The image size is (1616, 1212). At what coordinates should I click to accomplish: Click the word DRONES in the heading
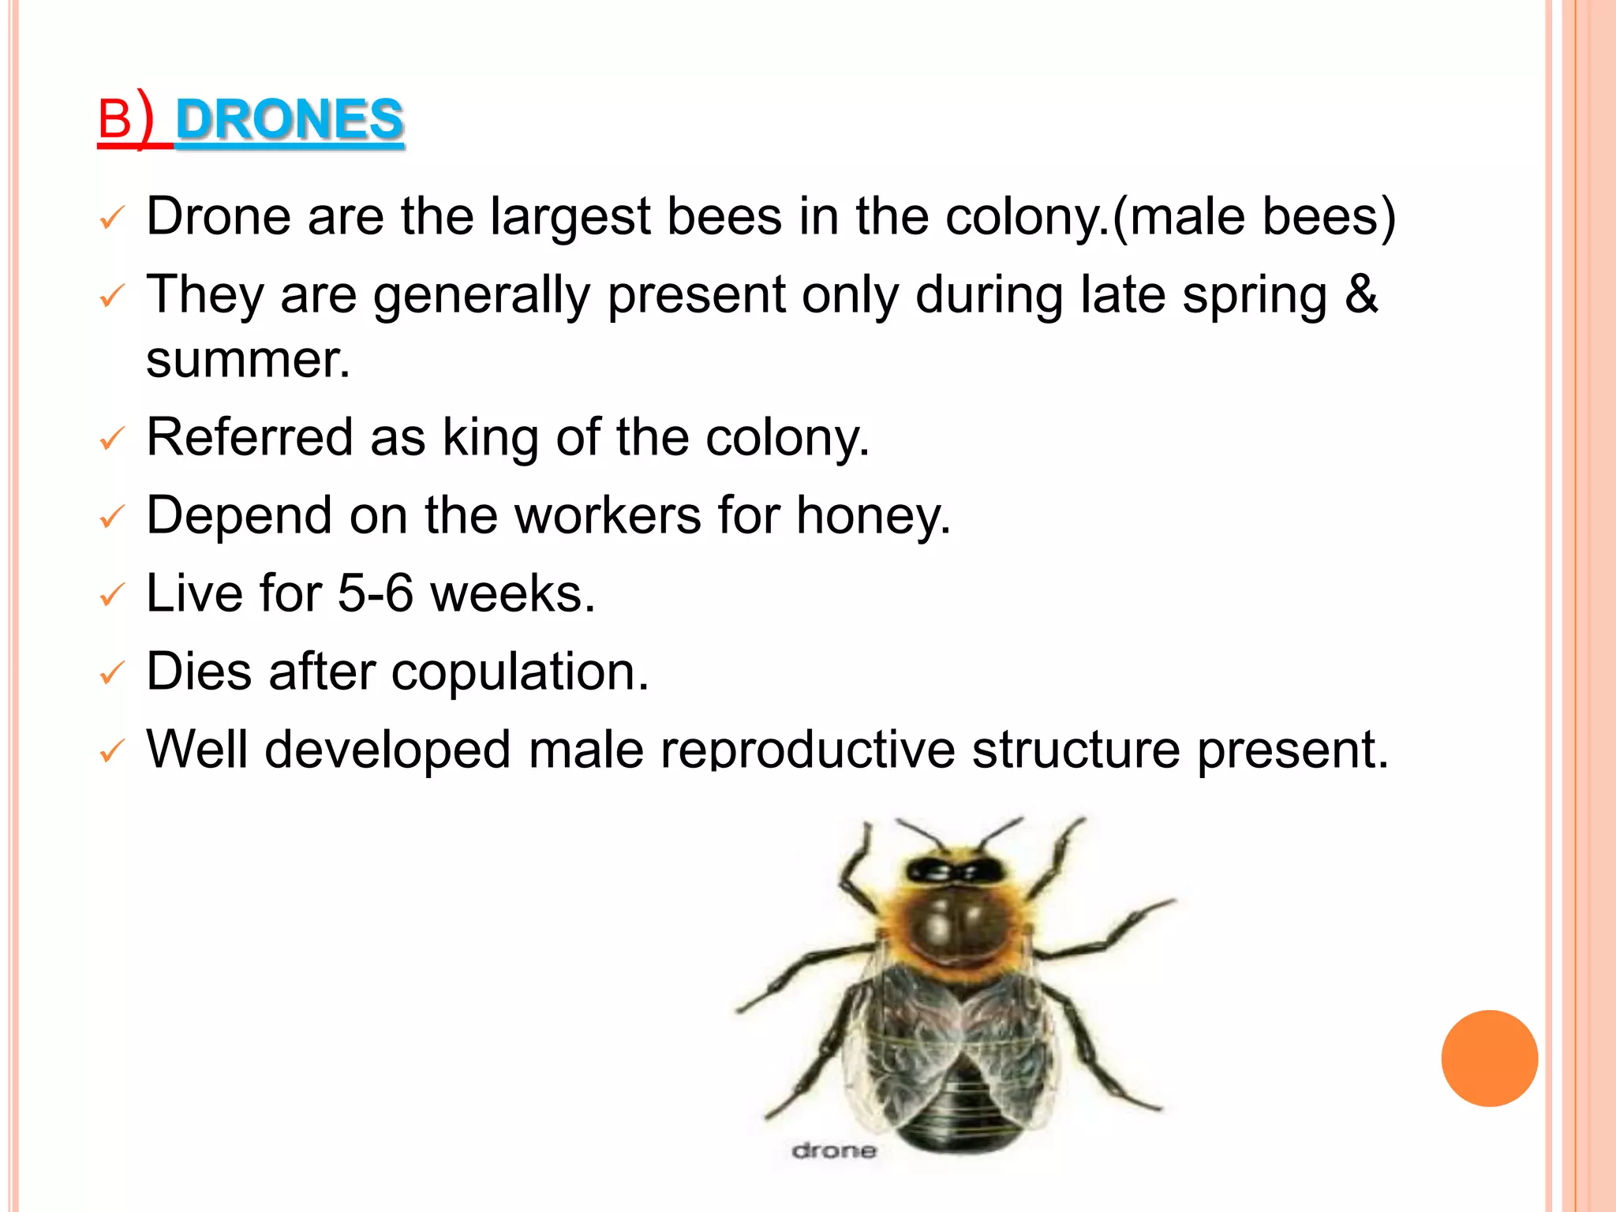pos(290,120)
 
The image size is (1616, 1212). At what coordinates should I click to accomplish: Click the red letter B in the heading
pos(114,121)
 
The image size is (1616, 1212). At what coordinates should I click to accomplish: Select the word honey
pos(873,515)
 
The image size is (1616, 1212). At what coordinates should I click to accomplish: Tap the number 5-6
pos(375,593)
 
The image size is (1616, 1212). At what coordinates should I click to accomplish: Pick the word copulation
pos(519,671)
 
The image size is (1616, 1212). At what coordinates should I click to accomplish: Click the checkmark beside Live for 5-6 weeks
pos(112,595)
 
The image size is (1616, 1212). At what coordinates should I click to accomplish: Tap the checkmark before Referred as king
pos(112,439)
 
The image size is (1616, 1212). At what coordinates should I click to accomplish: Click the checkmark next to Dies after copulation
pos(112,673)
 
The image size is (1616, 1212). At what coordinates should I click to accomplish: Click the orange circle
pos(1489,1058)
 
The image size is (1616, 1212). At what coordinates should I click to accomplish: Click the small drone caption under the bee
pos(833,1151)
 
